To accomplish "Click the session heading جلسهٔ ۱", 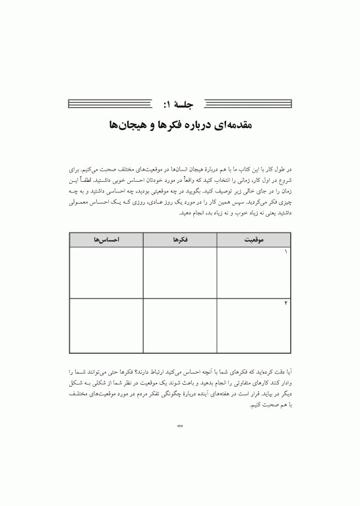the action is click(x=180, y=103).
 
